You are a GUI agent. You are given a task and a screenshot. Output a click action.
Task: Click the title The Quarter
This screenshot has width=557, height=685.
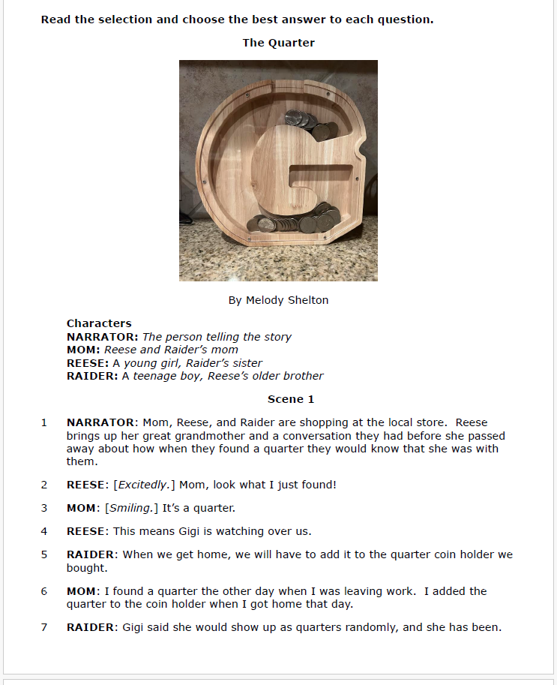278,43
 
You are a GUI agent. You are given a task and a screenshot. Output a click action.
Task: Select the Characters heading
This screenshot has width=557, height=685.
99,323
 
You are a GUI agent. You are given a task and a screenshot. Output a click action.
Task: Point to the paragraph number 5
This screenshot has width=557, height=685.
44,555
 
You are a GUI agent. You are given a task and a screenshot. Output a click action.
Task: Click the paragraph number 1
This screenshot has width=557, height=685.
44,423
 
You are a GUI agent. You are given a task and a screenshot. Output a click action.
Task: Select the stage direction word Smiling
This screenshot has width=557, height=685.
130,508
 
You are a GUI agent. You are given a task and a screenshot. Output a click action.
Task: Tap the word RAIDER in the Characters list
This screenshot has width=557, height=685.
92,376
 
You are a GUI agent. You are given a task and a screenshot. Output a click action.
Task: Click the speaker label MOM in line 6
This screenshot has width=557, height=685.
82,591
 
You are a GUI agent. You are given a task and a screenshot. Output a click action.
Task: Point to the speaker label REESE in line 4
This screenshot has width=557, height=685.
87,531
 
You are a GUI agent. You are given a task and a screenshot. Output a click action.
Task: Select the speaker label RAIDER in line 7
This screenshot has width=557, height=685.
92,627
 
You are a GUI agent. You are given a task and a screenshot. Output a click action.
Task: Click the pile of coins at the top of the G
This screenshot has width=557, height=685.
308,125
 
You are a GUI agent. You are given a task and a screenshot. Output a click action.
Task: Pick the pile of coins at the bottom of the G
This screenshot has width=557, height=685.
300,221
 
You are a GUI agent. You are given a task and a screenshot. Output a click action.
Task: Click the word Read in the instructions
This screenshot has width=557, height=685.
55,20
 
